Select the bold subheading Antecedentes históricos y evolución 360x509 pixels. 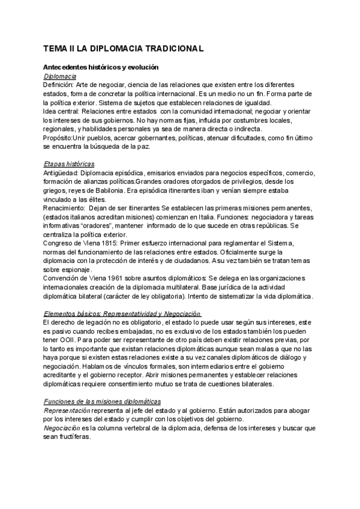[100, 68]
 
